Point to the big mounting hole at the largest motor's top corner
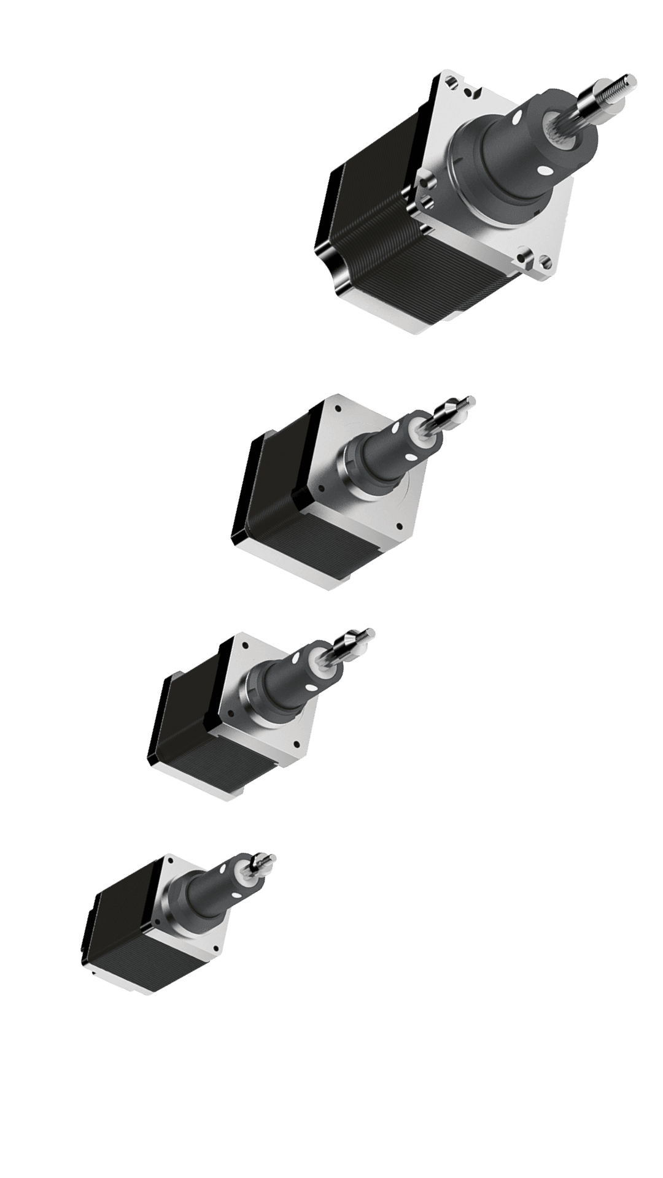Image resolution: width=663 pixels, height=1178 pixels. click(x=452, y=81)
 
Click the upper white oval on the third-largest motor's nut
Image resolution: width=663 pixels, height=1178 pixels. click(x=296, y=658)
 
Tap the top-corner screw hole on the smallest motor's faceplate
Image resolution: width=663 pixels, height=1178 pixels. click(x=168, y=864)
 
